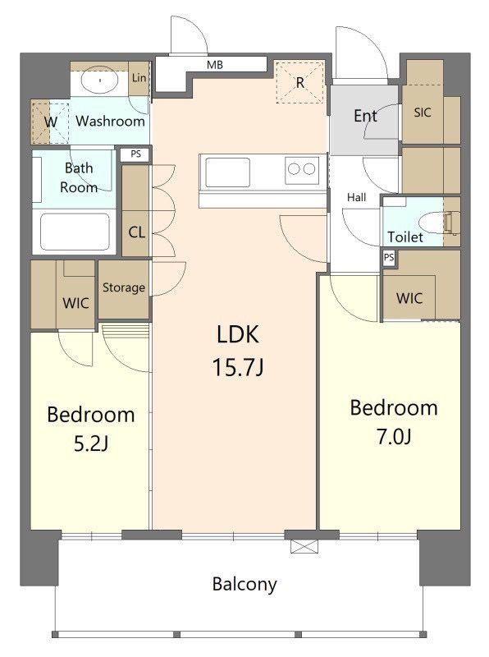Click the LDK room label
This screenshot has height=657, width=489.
tap(238, 334)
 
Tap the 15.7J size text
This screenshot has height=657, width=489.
tap(238, 367)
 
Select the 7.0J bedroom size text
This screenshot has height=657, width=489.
tap(394, 437)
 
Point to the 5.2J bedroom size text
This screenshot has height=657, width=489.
tap(91, 443)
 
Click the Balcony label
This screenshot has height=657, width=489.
tap(244, 584)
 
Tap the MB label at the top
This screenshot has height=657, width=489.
tap(215, 65)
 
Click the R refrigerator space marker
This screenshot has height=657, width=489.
tap(299, 83)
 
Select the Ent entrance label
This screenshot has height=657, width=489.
tap(365, 116)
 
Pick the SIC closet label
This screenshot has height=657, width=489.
tap(423, 113)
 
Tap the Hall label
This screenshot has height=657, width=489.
tap(356, 197)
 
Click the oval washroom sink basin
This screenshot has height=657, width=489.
tap(100, 79)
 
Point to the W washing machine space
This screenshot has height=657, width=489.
tap(50, 122)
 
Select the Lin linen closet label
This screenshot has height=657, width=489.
tap(139, 77)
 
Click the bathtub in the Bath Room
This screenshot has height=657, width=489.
tap(75, 232)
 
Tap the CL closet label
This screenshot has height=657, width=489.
tap(136, 232)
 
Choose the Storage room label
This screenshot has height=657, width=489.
tap(124, 288)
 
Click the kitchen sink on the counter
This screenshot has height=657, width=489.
tap(227, 172)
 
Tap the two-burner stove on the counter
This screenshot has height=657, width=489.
tap(301, 170)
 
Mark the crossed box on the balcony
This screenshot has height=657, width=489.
tap(304, 546)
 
